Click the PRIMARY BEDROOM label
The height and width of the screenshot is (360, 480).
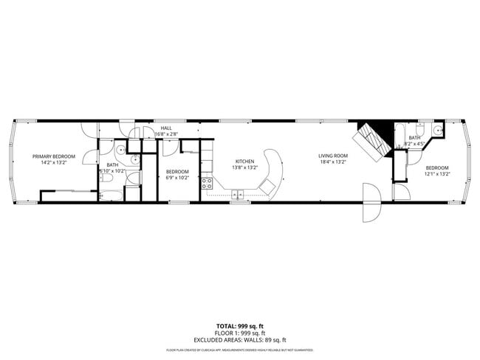(54, 156)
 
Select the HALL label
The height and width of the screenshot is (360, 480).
(166, 128)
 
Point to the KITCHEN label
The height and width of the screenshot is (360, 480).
(244, 161)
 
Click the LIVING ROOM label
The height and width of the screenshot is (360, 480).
(333, 156)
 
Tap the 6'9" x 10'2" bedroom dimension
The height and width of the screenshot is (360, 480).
(177, 177)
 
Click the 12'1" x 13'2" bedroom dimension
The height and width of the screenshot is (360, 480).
(437, 175)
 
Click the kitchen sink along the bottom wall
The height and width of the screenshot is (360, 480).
(238, 195)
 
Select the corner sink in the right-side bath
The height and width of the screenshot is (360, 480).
(437, 130)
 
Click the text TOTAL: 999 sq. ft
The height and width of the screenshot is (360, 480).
(239, 325)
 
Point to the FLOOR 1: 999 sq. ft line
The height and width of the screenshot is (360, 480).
(239, 332)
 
